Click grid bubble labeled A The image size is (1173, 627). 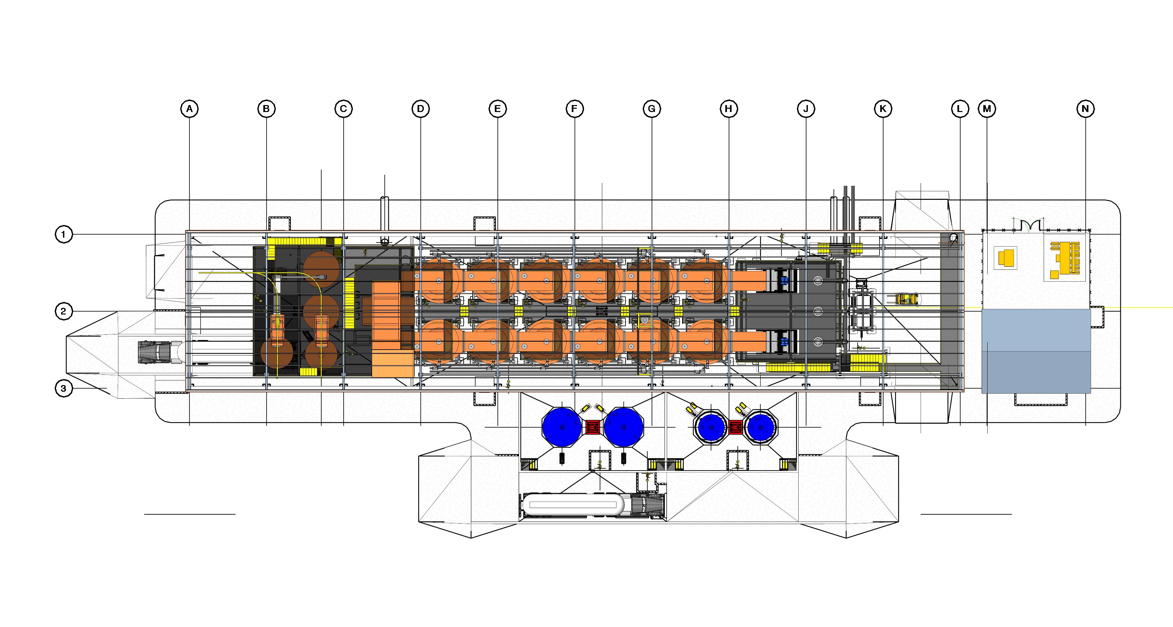(189, 109)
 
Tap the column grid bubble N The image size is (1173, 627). (1085, 109)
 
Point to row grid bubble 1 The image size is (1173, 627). (64, 235)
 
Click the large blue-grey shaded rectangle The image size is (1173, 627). (1036, 351)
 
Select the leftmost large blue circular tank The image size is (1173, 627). (562, 427)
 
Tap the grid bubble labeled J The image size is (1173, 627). (806, 109)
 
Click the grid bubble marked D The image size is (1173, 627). (420, 109)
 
